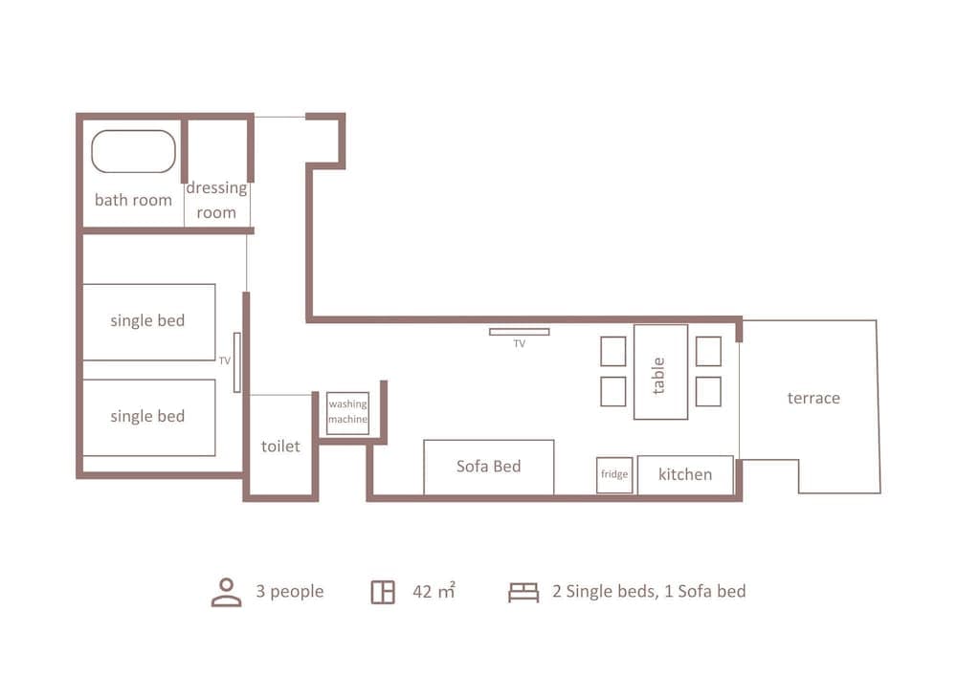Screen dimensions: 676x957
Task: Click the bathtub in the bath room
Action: click(134, 152)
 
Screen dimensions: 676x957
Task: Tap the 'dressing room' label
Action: click(216, 200)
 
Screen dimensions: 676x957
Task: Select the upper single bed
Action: click(148, 321)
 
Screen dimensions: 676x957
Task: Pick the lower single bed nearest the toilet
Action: click(148, 417)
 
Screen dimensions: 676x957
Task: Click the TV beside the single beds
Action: click(236, 362)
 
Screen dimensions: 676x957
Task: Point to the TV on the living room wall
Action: click(519, 332)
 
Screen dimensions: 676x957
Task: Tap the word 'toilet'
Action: click(280, 447)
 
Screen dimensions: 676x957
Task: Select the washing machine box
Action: click(347, 413)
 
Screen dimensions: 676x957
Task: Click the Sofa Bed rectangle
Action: click(488, 467)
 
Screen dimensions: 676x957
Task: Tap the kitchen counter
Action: click(685, 475)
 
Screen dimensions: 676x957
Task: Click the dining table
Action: click(660, 372)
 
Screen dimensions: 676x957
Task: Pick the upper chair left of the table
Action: click(613, 351)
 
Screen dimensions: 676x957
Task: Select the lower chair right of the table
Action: click(708, 391)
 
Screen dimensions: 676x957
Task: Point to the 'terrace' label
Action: click(813, 398)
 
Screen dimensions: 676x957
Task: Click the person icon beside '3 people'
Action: click(226, 592)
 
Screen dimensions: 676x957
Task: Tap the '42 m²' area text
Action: click(434, 592)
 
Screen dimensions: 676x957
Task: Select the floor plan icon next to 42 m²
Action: click(383, 592)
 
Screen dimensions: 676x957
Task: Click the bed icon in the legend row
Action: click(523, 592)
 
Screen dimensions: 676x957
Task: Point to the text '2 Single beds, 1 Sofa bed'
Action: click(649, 592)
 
